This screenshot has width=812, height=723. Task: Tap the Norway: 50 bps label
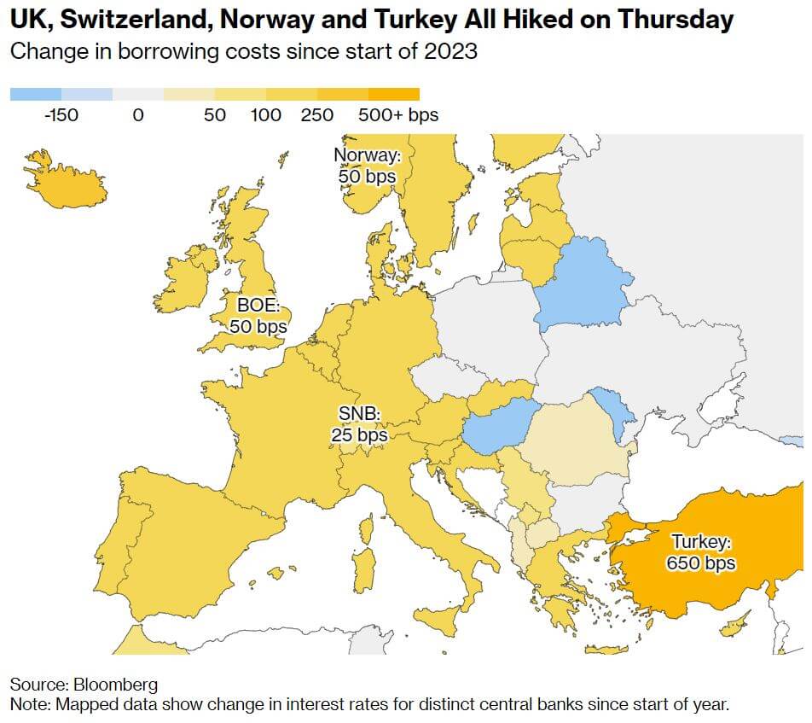[x=366, y=166]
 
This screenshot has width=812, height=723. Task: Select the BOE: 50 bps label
[x=258, y=314]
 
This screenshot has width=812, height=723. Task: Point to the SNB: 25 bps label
[x=359, y=424]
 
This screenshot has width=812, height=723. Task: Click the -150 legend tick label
[x=61, y=114]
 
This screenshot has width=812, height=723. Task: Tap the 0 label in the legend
[x=138, y=114]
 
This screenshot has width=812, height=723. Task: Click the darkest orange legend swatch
[x=393, y=94]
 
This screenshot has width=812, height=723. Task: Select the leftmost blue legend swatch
[x=35, y=94]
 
